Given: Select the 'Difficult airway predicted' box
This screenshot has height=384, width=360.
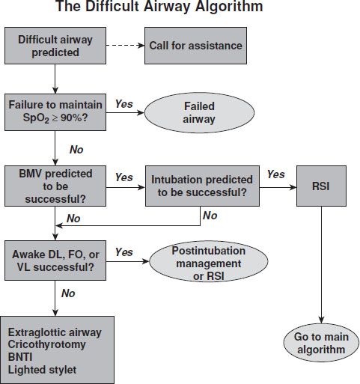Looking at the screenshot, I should tap(55, 46).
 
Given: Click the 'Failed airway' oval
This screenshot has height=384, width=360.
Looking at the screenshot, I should tap(199, 112).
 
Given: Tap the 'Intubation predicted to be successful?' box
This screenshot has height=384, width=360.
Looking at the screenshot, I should tap(201, 187).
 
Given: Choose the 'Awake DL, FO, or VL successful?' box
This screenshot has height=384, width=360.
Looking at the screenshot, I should tap(55, 259).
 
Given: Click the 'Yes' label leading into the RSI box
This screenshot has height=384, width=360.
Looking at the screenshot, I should tap(275, 174).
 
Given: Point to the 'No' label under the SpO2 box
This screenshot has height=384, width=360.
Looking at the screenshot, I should tap(76, 149).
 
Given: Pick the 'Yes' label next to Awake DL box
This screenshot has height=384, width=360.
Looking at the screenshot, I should tap(124, 252).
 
